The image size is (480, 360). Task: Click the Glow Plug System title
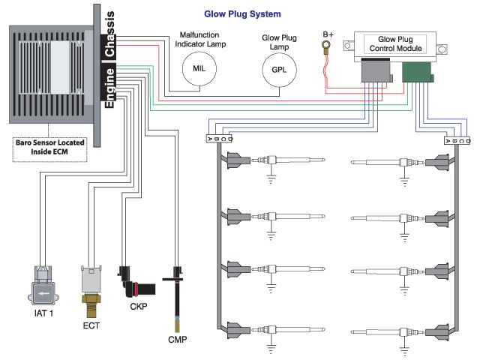(243, 14)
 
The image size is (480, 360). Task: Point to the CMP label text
(177, 340)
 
